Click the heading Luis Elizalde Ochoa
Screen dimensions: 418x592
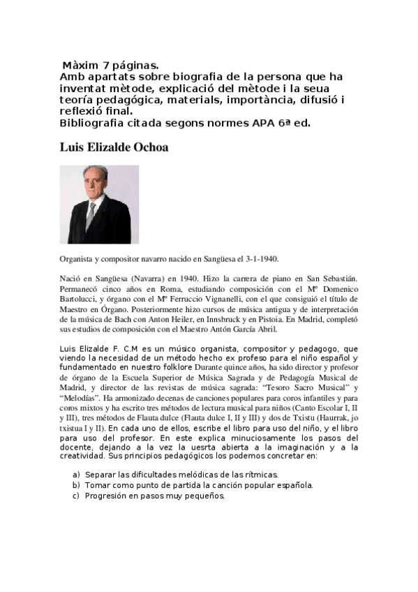pos(114,148)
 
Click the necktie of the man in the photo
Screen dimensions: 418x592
pos(91,216)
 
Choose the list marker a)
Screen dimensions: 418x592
pos(76,474)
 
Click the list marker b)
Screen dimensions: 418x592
pos(76,485)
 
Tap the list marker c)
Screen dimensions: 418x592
pos(76,496)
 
